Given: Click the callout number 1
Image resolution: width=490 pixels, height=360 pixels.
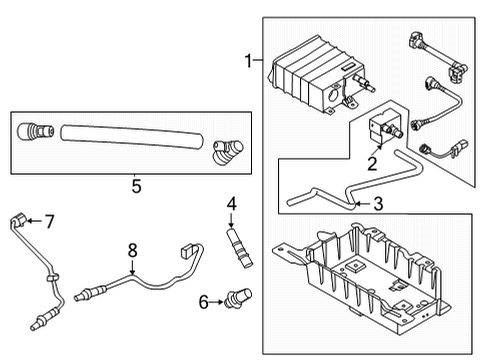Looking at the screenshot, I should [x=247, y=61].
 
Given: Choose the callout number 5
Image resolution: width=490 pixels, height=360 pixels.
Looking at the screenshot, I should [x=136, y=183].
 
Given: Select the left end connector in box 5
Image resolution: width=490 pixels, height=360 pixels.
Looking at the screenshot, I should [x=42, y=130].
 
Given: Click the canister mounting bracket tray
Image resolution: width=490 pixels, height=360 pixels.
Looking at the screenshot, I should [x=370, y=289].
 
